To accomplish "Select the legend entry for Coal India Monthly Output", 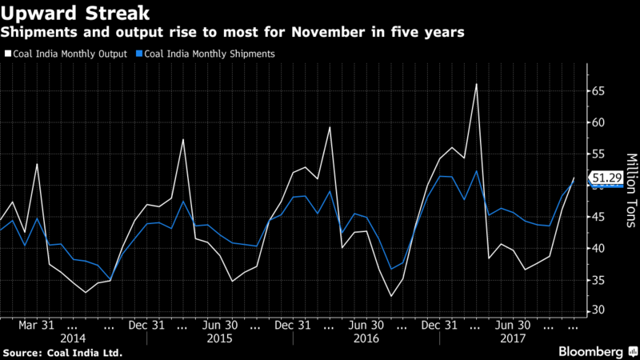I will (x=69, y=54).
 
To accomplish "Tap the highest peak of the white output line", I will (x=476, y=84).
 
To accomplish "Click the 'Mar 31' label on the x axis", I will (x=37, y=326).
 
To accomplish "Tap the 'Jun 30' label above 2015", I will (x=219, y=326).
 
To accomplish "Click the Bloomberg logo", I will (x=590, y=352).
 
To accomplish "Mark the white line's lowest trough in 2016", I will (x=391, y=297).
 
